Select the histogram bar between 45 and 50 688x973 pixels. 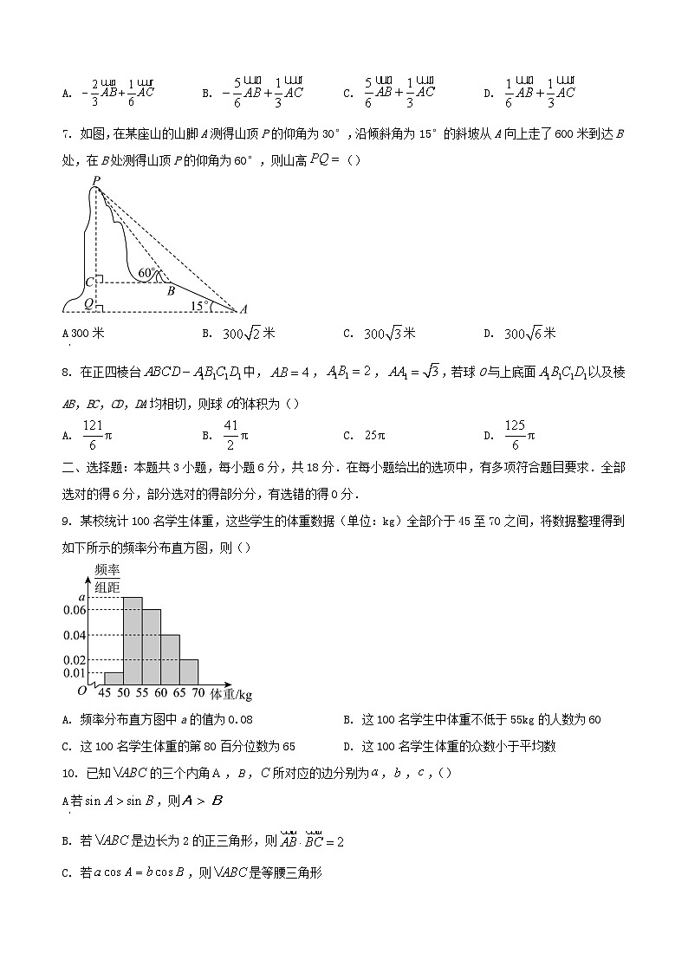(114, 678)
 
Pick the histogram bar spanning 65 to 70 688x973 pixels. (188, 672)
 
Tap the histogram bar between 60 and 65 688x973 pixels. (170, 660)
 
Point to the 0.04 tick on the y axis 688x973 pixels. (75, 635)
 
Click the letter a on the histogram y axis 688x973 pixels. (81, 597)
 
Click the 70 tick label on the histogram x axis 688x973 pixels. (198, 694)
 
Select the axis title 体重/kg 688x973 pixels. (231, 694)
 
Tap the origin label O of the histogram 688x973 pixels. (81, 691)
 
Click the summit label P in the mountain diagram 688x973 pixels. (95, 180)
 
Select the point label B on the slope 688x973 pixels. (171, 290)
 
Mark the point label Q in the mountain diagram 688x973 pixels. (89, 304)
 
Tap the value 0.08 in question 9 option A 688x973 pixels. (240, 720)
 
